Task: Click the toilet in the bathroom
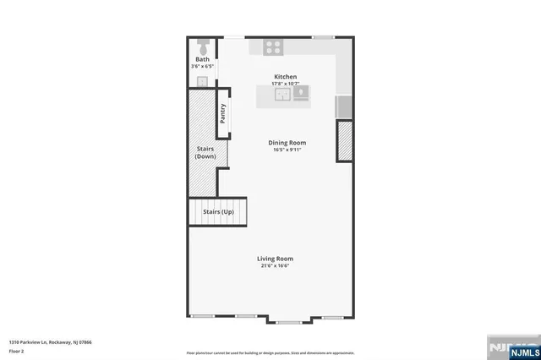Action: (x=202, y=45)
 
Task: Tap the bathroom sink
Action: (x=202, y=81)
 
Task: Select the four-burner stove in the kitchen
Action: (x=273, y=47)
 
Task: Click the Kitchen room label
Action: (x=285, y=77)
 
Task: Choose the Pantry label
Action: (x=223, y=114)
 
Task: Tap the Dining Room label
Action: (x=287, y=143)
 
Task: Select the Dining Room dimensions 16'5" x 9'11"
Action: (x=287, y=150)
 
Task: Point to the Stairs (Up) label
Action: (x=218, y=212)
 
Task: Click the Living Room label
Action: (x=276, y=259)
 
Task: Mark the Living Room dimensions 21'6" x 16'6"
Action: (x=276, y=266)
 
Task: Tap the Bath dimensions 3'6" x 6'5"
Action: (x=203, y=66)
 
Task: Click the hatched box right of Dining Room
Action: (x=345, y=140)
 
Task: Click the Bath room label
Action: (x=203, y=59)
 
